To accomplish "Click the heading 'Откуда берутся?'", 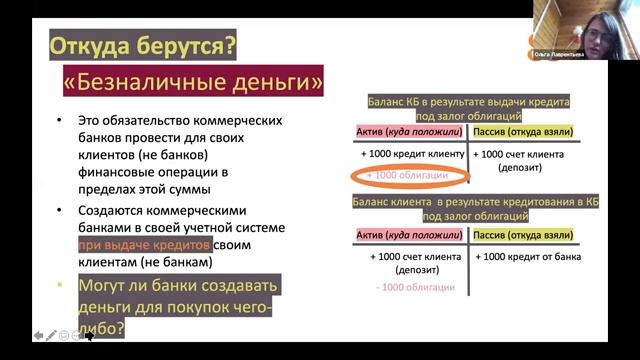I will click(143, 46).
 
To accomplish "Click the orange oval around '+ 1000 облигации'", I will click(404, 175).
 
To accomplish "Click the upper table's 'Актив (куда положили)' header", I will click(411, 131).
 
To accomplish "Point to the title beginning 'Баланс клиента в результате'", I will click(468, 202).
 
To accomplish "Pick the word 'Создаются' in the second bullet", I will click(116, 210).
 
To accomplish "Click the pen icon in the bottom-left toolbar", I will click(51, 336).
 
